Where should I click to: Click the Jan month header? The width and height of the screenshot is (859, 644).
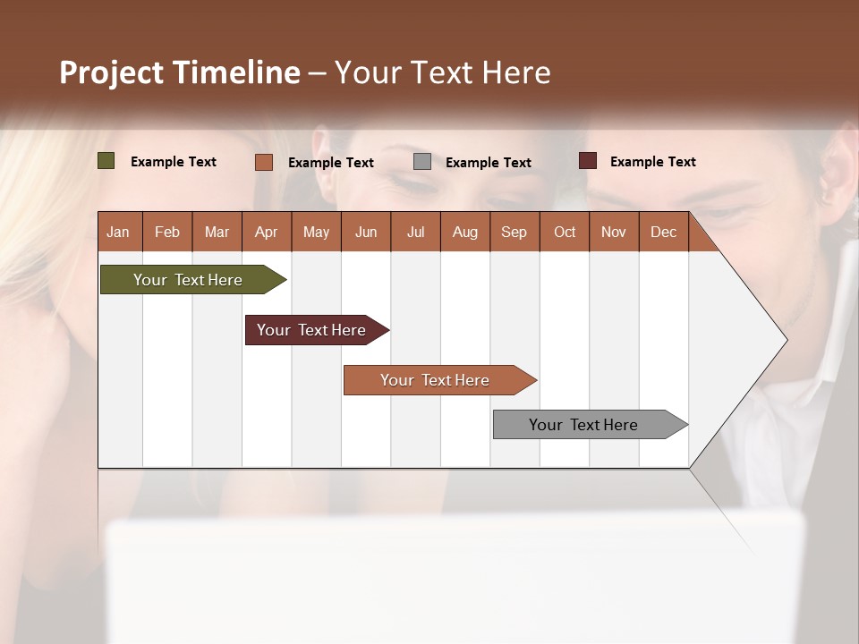click(x=119, y=232)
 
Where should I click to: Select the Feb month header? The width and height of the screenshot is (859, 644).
click(x=167, y=232)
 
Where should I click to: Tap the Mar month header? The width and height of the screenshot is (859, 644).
click(x=217, y=232)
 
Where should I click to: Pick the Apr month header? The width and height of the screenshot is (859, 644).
click(x=266, y=232)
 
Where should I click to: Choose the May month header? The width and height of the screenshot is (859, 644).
click(x=316, y=232)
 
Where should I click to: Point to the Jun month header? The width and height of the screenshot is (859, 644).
click(x=366, y=232)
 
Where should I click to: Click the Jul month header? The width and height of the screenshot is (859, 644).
click(x=415, y=232)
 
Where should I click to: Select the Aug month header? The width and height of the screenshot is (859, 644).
click(x=464, y=232)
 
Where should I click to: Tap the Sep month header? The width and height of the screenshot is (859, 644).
click(x=514, y=232)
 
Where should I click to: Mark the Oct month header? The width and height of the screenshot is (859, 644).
click(x=565, y=232)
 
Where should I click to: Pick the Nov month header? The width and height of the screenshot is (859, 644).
click(x=614, y=232)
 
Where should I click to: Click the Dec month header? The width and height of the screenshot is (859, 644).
click(x=663, y=232)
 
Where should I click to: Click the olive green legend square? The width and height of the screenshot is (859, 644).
click(x=106, y=161)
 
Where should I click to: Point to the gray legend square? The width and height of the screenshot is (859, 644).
click(x=422, y=162)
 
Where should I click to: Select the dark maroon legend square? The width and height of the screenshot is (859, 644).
click(x=588, y=161)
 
